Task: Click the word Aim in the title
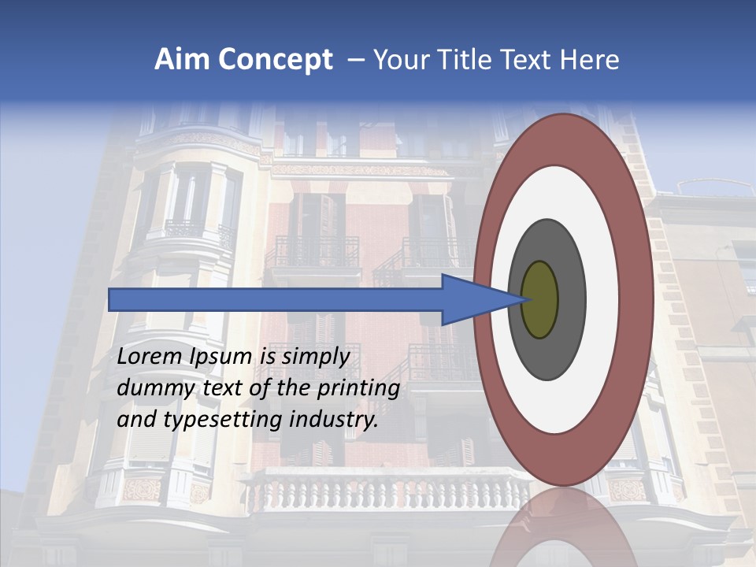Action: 182,60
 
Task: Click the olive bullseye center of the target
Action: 539,299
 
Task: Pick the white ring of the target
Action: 602,299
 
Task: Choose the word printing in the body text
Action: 359,389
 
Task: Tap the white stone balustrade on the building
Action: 378,492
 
